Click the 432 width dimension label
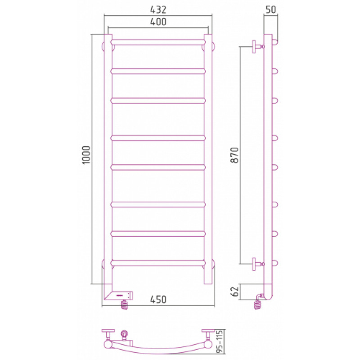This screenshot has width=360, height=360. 158,9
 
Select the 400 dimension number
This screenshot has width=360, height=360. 158,22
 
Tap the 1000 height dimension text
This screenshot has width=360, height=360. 86,155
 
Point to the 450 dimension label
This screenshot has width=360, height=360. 158,300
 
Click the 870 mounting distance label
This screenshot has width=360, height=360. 234,155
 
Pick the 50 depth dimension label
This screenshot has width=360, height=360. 271,9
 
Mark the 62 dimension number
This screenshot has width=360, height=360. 234,292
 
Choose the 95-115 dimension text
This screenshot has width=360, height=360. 220,342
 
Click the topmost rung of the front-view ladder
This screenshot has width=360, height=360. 158,42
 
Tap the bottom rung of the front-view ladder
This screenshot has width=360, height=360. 158,263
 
